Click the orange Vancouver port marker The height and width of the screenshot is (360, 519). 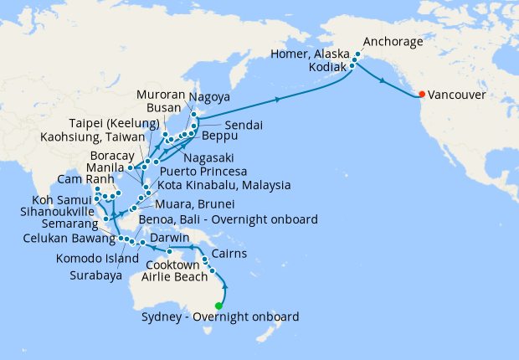[x=423, y=94]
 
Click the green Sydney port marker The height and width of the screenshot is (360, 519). [x=219, y=306]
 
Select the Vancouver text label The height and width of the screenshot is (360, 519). [x=458, y=95]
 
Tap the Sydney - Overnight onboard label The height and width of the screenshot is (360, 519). [x=219, y=317]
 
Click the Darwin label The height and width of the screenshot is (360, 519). [x=172, y=237]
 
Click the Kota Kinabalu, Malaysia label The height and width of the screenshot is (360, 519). [x=223, y=184]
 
